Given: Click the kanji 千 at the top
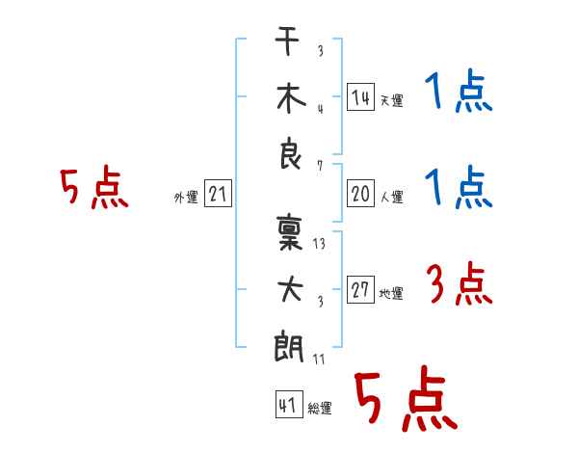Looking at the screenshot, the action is coord(287,40).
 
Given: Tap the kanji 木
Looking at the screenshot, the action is coord(291,97).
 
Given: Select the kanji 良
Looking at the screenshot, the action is coord(290,153).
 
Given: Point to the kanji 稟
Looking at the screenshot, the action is coord(290,231).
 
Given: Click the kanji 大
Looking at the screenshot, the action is coord(290,289).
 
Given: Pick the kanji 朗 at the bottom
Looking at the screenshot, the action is coord(289,346).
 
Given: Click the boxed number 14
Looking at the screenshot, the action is coord(360,97).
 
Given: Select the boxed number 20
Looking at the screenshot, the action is coord(360,194).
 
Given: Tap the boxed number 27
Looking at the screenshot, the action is coord(360,289).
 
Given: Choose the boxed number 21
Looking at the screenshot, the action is coord(218,194).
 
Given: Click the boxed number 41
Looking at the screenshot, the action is coord(289,405).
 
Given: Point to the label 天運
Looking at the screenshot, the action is coord(392,100).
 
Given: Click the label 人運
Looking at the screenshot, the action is coord(392,197).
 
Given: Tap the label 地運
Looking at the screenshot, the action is coord(391,293).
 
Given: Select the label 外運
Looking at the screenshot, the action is coord(186,197).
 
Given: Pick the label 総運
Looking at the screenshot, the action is coord(320,409).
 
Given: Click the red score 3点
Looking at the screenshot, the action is coord(460,283).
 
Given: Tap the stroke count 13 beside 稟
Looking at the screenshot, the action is coord(319,244).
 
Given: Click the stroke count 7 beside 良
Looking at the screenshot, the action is coord(320,166).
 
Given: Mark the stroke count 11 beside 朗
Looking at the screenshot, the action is coord(319,359).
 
